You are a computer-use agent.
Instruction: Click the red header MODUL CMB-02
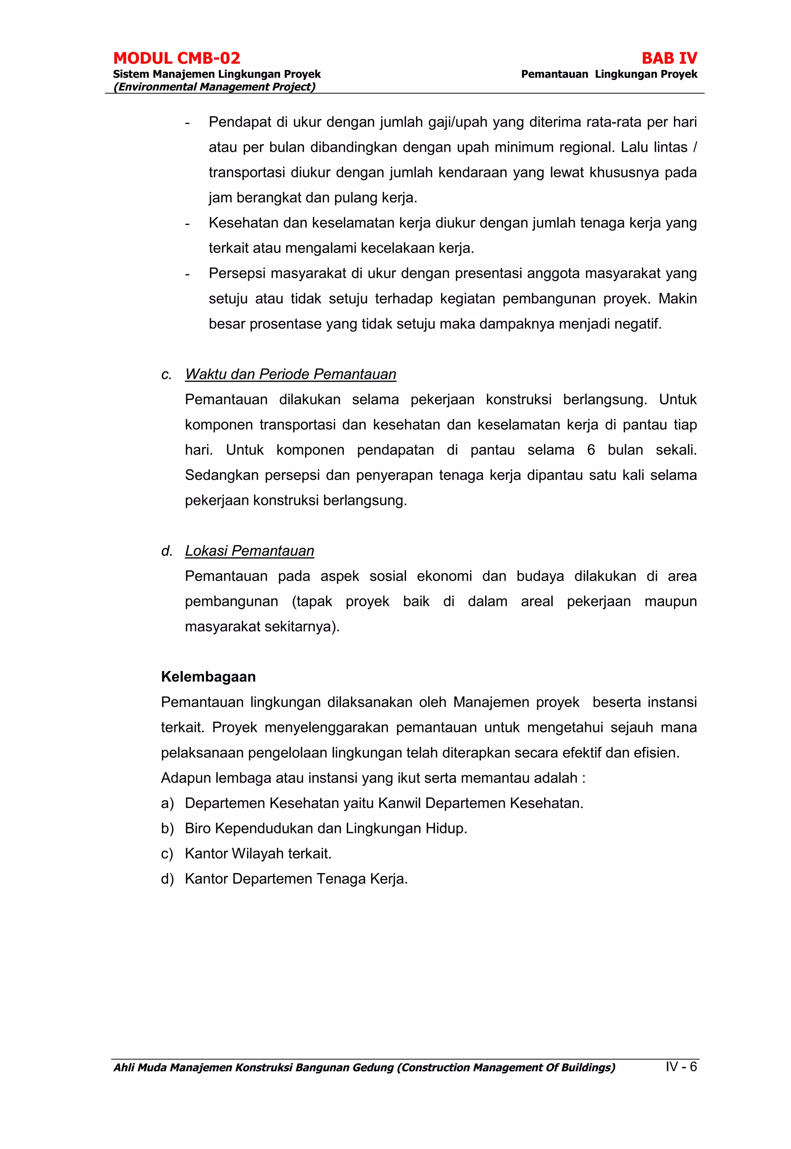pos(177,58)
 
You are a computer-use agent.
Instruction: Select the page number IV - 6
pos(681,1066)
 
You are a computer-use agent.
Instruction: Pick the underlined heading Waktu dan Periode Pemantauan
pos(290,374)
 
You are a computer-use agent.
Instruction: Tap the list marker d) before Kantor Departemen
pos(167,879)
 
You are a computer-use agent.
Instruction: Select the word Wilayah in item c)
pos(258,853)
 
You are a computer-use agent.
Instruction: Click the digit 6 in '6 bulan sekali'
pos(591,450)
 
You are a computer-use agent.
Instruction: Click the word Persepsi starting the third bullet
pos(236,274)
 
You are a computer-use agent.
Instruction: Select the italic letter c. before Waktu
pos(166,374)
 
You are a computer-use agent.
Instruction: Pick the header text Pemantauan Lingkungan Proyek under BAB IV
pos(609,74)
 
